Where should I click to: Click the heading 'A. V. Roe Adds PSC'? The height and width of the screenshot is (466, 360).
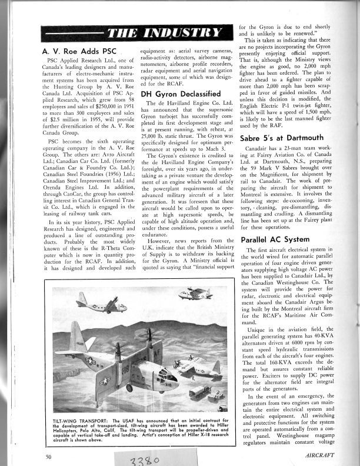point(85,52)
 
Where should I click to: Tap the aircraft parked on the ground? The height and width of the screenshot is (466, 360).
point(196,366)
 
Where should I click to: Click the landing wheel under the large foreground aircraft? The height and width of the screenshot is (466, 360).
point(129,388)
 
